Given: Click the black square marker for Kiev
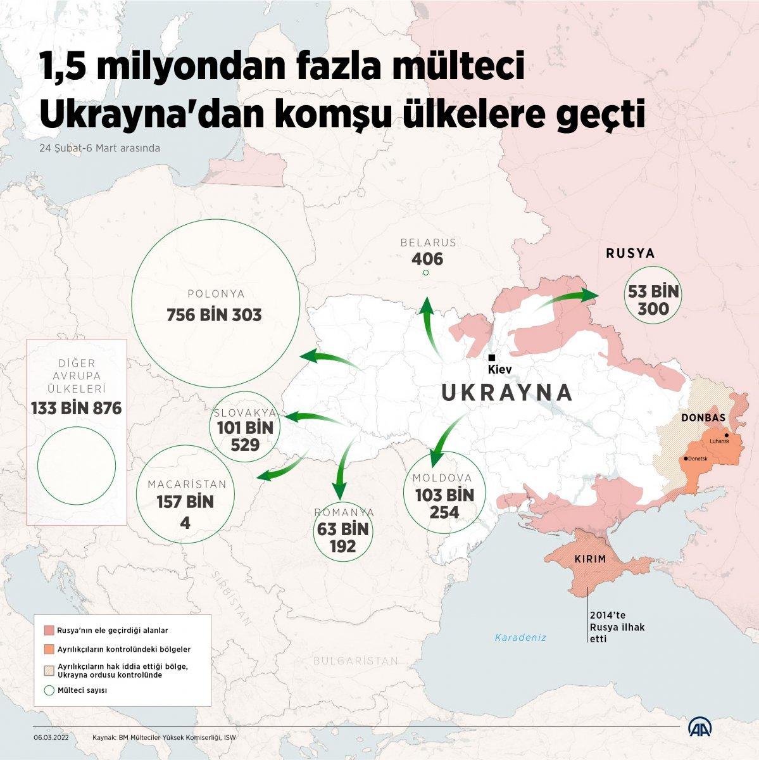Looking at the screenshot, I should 491,358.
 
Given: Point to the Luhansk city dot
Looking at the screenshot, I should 727,435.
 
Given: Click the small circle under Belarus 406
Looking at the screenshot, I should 425,273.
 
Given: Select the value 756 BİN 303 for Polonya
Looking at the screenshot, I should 214,315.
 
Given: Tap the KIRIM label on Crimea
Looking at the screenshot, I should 590,559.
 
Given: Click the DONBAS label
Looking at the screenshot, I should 703,418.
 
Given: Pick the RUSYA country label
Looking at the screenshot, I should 630,254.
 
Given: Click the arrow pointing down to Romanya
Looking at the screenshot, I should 342,469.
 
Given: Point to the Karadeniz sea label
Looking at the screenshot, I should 520,638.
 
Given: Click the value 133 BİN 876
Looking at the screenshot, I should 76,408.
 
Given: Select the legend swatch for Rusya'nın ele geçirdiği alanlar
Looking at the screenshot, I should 48,631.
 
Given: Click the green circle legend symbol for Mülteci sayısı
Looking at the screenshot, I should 48,690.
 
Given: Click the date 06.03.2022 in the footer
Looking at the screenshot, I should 52,738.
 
